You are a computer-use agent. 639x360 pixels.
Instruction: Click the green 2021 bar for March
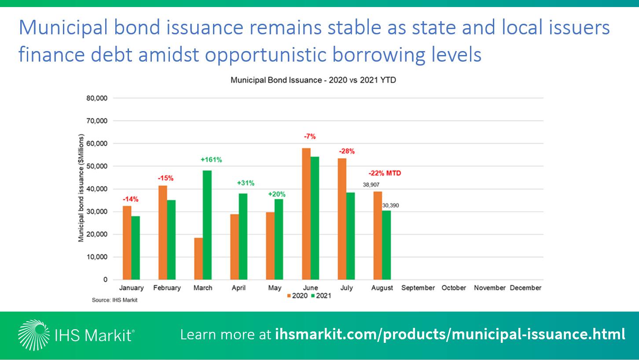click(207, 225)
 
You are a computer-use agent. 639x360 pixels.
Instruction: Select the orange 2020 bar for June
click(306, 213)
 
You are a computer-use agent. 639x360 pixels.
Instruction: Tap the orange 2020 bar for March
click(198, 259)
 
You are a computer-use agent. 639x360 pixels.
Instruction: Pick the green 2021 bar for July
click(351, 236)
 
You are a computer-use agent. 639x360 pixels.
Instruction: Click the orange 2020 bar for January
click(127, 243)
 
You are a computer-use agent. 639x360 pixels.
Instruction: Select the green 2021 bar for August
click(386, 245)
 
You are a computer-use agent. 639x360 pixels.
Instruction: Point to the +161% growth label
click(211, 160)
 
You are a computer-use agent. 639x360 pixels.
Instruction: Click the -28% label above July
click(347, 151)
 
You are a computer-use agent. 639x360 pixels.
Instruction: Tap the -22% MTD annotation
click(385, 173)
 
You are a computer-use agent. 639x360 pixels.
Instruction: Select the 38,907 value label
click(371, 185)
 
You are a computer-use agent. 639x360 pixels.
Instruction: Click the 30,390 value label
click(390, 206)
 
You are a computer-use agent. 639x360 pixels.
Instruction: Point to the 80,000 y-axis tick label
click(97, 98)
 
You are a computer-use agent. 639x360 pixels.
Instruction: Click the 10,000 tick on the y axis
click(97, 257)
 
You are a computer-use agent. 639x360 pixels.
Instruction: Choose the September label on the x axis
click(418, 288)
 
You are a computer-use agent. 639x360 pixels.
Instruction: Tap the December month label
click(525, 288)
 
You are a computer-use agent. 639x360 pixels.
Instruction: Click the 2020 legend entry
click(297, 296)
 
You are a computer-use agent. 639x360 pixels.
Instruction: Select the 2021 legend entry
click(321, 296)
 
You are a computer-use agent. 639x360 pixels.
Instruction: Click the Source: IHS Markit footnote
click(115, 300)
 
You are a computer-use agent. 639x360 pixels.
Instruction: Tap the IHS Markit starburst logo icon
click(33, 335)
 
